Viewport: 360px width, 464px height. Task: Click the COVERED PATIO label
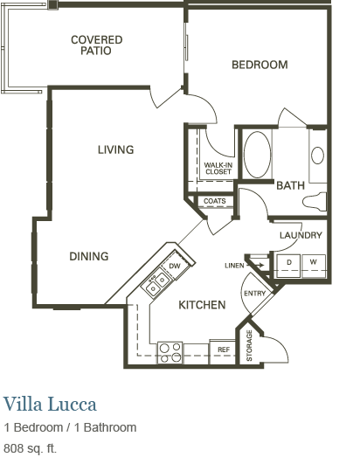click(96, 45)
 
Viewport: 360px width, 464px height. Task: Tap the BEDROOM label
click(260, 65)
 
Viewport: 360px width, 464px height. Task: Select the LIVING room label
click(115, 149)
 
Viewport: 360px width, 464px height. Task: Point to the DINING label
click(89, 256)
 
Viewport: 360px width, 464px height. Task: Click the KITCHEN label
click(203, 305)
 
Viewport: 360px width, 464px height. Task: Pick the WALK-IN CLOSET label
click(218, 168)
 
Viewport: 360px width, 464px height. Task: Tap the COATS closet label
click(215, 202)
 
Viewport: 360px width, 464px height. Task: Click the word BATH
click(290, 185)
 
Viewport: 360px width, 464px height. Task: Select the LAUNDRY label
click(301, 235)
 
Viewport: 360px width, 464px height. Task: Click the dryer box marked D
click(288, 262)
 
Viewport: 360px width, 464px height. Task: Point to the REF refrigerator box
click(224, 350)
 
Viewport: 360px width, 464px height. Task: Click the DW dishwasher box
click(175, 266)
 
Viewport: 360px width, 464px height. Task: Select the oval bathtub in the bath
click(257, 155)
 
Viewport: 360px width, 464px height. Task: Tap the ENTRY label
click(254, 294)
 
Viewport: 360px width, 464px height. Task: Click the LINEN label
click(234, 265)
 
